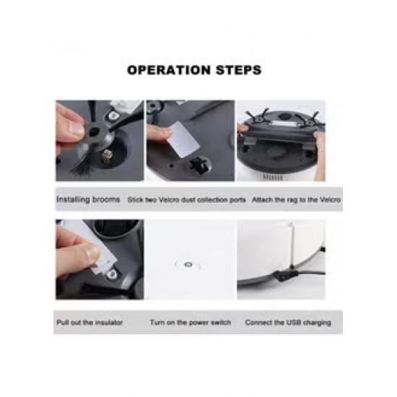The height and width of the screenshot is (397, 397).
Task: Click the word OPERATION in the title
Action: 169,70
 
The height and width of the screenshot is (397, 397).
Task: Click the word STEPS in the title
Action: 238,70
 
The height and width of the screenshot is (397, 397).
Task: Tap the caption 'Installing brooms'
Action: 88,199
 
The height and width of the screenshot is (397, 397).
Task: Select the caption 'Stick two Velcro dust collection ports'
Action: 187,200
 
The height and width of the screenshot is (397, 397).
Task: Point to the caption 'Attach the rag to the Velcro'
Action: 296,200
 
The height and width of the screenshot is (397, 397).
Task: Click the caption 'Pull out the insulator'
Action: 90,323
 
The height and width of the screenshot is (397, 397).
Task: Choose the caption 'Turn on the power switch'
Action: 191,323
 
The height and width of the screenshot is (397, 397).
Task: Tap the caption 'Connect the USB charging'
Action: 288,323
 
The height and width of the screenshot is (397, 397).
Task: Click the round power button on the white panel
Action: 188,265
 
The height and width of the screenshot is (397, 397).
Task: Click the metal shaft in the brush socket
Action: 108,154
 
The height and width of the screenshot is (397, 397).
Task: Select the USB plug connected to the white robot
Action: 284,275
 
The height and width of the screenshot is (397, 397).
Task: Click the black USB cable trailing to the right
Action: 310,273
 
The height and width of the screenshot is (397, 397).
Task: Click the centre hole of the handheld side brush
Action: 94,131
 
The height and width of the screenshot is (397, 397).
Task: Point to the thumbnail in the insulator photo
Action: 90,252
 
